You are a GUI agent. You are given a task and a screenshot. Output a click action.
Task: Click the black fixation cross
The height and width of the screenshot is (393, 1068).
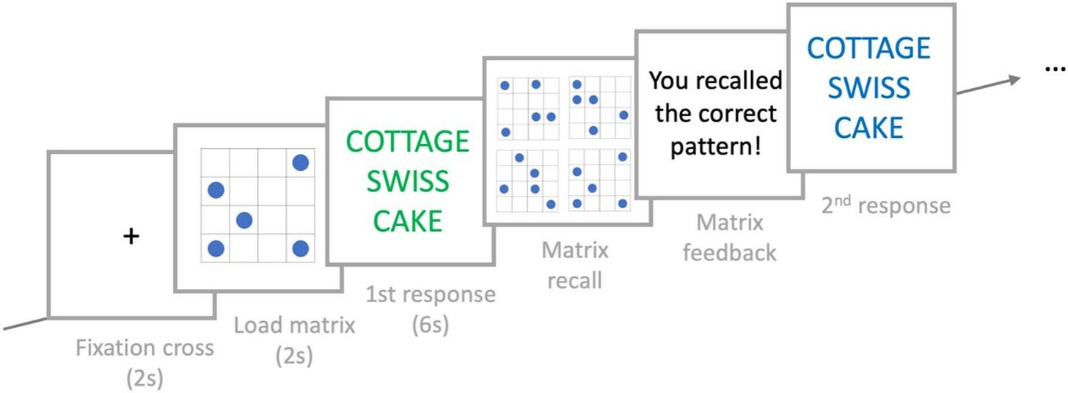pyautogui.click(x=131, y=236)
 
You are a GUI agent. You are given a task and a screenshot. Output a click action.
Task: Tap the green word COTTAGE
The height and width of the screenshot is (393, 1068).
pyautogui.click(x=408, y=142)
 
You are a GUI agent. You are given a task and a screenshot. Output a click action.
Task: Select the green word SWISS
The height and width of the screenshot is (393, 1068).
pyautogui.click(x=408, y=181)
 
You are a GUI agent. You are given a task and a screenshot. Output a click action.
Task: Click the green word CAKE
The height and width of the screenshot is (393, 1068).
pyautogui.click(x=408, y=221)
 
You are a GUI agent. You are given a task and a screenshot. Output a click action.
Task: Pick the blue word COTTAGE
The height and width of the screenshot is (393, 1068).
pyautogui.click(x=868, y=48)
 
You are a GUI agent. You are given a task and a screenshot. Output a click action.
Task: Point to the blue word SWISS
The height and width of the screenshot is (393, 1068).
pyautogui.click(x=868, y=88)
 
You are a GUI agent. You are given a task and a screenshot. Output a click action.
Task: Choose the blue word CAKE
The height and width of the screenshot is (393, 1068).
pyautogui.click(x=868, y=128)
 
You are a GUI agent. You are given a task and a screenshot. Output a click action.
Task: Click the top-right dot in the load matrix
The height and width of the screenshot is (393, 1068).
pyautogui.click(x=301, y=163)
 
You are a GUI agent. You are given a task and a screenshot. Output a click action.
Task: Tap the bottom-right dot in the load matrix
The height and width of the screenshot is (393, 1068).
pyautogui.click(x=301, y=248)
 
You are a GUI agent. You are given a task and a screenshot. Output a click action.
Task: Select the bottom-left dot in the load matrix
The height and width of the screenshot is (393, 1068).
pyautogui.click(x=216, y=248)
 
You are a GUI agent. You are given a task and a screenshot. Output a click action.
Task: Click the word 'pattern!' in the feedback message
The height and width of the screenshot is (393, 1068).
pyautogui.click(x=716, y=147)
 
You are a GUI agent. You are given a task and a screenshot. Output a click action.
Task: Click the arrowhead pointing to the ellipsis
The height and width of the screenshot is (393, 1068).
pyautogui.click(x=1014, y=80)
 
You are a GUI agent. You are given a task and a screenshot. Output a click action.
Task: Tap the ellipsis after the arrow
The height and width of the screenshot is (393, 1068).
pyautogui.click(x=1055, y=70)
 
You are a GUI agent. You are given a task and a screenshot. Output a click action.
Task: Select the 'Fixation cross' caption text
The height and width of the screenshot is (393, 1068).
pyautogui.click(x=145, y=348)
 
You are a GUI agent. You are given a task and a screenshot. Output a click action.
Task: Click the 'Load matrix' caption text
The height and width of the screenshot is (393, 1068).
pyautogui.click(x=295, y=326)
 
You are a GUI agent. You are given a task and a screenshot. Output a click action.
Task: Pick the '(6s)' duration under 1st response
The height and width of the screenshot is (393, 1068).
pyautogui.click(x=431, y=326)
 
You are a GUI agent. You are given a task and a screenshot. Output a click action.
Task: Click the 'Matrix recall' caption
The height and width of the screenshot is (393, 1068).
pyautogui.click(x=575, y=265)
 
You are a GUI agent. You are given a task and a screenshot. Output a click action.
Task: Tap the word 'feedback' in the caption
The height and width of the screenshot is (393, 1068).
pyautogui.click(x=729, y=252)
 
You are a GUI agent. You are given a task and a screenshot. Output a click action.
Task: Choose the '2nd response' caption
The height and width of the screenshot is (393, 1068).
pyautogui.click(x=886, y=205)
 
